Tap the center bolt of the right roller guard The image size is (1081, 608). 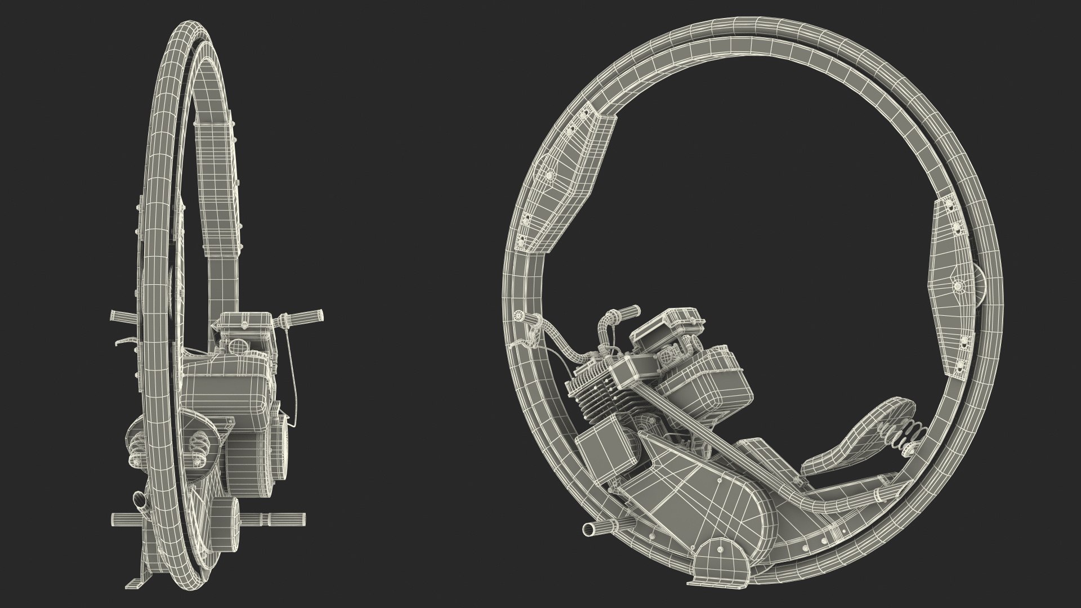958,287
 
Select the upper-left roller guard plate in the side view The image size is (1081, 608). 563,175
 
